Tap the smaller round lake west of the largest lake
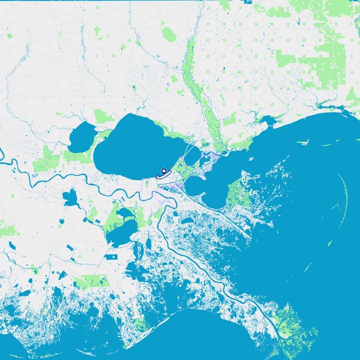click(82, 137)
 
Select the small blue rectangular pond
click(111, 256)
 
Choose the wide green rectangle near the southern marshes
click(90, 281)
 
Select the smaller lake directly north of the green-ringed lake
click(125, 214)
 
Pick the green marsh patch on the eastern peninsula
click(238, 193)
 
